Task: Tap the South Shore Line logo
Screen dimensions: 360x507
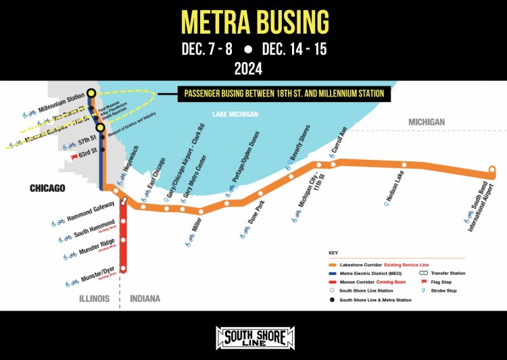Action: point(254,336)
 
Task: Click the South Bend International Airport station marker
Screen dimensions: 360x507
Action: point(493,171)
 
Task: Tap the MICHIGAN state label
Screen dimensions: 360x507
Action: point(426,122)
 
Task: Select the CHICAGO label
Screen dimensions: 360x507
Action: point(47,188)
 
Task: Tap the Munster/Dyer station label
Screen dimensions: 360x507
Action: point(97,271)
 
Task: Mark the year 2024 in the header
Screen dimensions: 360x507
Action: point(254,69)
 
